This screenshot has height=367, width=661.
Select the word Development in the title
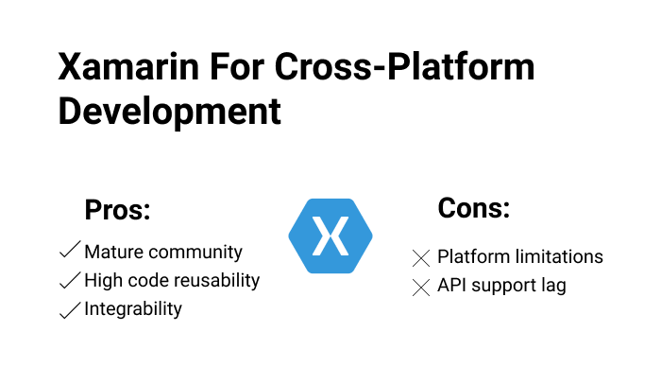(170, 111)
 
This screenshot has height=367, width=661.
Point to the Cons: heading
(473, 208)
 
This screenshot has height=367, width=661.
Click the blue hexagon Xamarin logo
(330, 236)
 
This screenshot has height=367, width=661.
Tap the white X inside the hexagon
(330, 236)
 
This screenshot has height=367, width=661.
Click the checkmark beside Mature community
(68, 252)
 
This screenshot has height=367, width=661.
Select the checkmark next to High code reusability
(68, 280)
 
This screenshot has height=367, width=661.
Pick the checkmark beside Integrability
(68, 309)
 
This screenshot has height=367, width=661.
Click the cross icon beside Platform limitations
(421, 257)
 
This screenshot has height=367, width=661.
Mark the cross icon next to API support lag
(421, 287)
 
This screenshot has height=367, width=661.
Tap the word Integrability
(133, 309)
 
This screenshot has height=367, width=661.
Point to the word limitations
(560, 256)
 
